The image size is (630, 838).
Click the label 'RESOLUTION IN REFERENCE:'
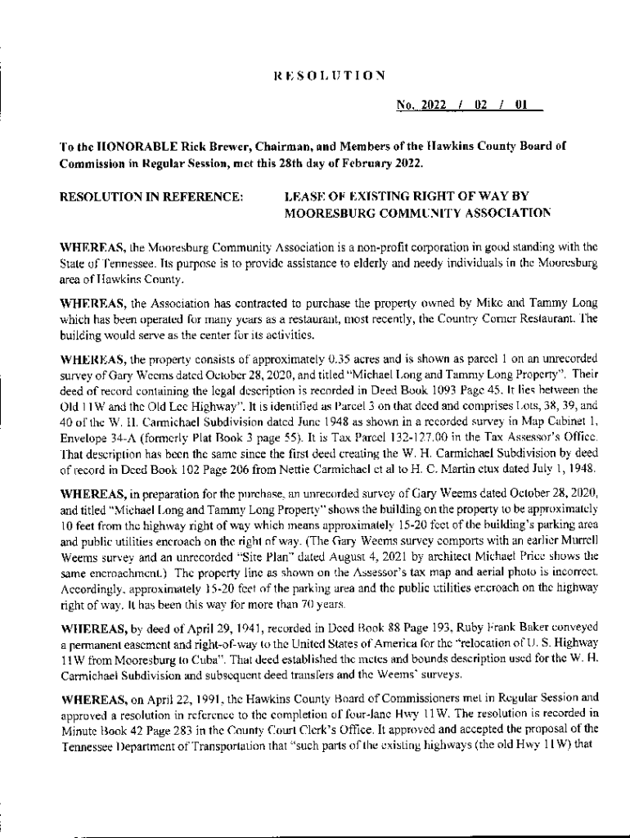click(152, 197)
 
